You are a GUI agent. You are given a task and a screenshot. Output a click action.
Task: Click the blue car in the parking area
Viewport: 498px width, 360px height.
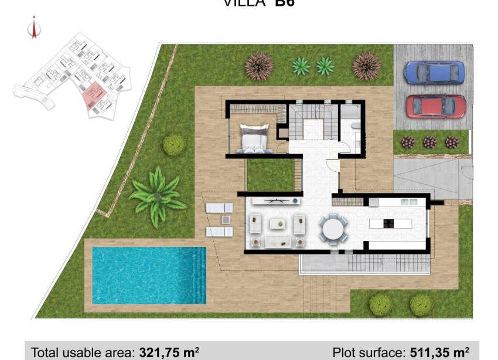coord(435,73)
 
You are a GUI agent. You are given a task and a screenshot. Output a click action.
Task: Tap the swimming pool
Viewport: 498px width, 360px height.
coord(149,274)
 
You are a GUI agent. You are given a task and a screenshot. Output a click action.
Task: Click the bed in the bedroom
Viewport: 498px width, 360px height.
coord(254,139)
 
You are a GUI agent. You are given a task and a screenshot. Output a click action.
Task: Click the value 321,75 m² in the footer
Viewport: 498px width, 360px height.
coord(169,352)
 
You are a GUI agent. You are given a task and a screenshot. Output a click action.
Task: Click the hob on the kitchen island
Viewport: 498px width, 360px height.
coord(388,222)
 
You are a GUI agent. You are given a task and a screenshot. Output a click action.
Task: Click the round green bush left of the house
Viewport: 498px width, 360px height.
coord(174,144)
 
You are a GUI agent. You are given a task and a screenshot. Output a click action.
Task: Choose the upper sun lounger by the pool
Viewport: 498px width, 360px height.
coord(219,208)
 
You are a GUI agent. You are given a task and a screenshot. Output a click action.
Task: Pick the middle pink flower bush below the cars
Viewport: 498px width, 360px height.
coord(430,142)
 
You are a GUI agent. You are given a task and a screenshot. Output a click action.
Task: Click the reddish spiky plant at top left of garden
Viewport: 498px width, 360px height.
coord(258,66)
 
